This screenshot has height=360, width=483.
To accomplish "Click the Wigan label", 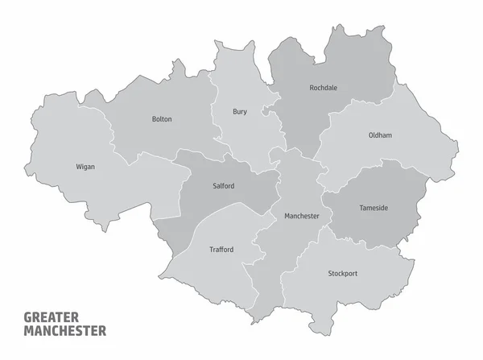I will click(85, 167).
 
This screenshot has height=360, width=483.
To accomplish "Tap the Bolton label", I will click(162, 119).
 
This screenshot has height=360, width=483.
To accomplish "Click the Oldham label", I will click(380, 135).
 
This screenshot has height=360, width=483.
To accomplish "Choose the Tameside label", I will click(373, 208).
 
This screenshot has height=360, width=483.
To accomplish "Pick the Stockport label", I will click(343, 274).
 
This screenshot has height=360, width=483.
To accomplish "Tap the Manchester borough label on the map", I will click(301, 216).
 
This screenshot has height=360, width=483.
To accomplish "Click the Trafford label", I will click(221, 250).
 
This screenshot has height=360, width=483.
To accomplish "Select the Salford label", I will click(224, 186).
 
